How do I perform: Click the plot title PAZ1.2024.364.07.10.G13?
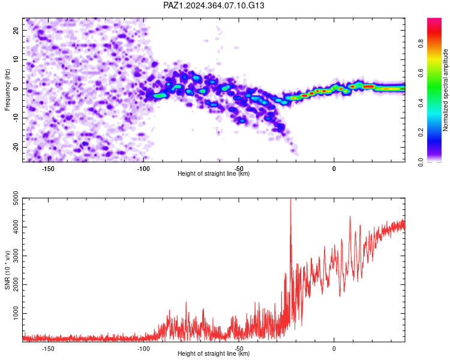214,5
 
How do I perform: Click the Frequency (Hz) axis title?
7,90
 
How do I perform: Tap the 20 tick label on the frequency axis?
16,30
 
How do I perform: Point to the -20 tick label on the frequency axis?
16,147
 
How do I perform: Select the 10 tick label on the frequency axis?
16,59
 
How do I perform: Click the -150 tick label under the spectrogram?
48,169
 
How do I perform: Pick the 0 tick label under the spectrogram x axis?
334,169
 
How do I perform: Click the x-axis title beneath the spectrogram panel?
214,173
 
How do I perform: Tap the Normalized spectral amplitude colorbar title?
445,90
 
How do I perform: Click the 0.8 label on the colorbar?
421,44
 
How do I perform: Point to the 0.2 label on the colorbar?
421,133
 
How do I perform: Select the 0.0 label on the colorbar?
421,162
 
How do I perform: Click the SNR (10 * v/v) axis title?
7,270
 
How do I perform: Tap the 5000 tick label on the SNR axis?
16,198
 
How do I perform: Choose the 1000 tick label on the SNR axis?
16,313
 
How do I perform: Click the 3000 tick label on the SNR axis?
16,256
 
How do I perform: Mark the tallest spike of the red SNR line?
291,199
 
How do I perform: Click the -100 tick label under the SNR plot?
143,349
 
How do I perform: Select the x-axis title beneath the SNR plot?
214,353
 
